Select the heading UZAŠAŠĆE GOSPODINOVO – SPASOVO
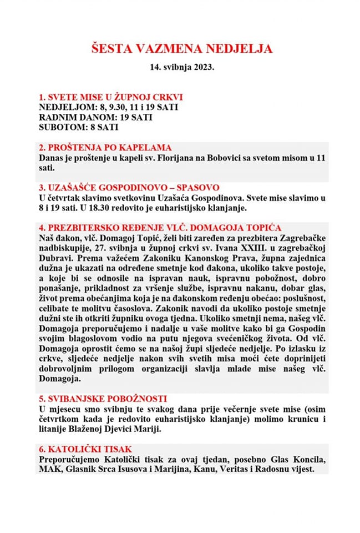[x=129, y=188]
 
